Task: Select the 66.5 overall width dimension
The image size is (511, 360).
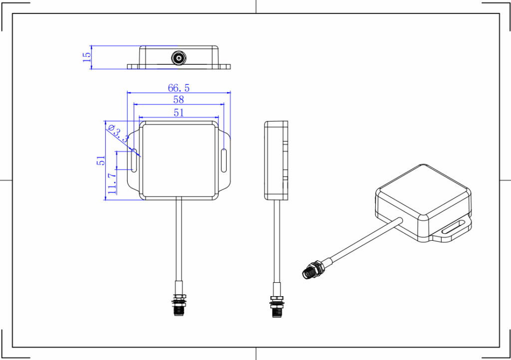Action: [179, 88]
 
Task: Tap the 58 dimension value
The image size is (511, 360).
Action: [179, 100]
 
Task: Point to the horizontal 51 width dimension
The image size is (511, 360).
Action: [179, 113]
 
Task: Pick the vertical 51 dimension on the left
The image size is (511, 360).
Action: [101, 160]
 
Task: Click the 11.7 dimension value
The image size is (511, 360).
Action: [112, 183]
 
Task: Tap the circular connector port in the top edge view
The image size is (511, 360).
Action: [179, 58]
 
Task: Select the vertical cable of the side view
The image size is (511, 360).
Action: [276, 239]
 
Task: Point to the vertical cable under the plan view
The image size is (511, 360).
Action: [179, 239]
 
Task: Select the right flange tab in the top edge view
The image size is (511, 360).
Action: [225, 66]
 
